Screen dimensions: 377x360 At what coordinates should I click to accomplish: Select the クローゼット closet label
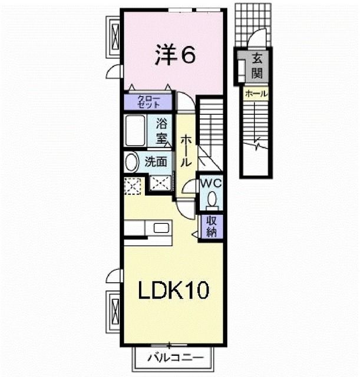tap(147, 101)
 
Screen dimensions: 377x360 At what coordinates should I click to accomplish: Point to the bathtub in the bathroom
tap(137, 131)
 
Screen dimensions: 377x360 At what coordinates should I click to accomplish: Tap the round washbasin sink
tap(131, 161)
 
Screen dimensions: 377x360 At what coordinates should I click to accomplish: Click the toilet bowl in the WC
tap(212, 199)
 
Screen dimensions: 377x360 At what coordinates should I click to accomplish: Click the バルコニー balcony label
tap(175, 357)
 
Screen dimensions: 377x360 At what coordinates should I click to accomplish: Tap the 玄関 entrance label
tap(257, 67)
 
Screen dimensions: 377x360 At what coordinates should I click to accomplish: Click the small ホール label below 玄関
tap(255, 94)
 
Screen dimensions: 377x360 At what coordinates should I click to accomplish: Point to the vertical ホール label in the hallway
tap(185, 150)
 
